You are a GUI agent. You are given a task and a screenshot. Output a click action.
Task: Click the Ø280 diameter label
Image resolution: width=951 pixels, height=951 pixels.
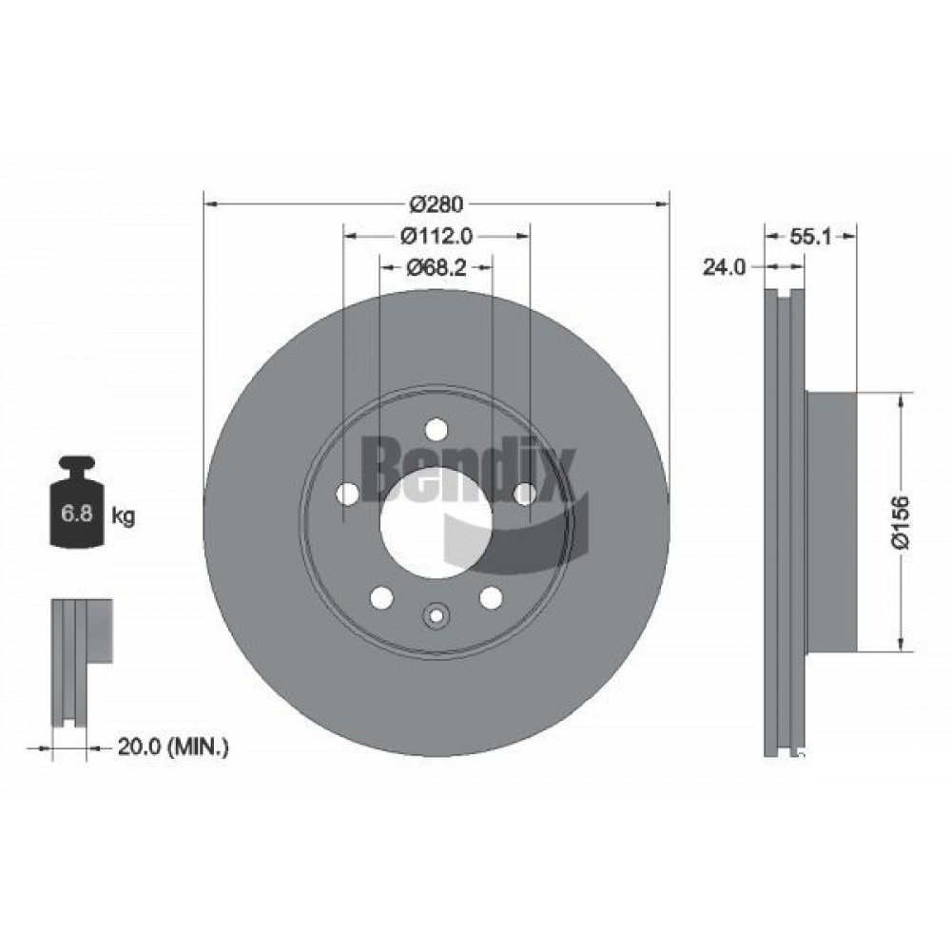click(x=436, y=204)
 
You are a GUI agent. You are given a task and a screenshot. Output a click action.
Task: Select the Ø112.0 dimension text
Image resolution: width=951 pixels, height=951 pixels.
click(x=437, y=236)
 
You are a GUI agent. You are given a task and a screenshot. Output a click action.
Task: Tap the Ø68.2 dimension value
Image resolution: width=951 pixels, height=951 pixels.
click(x=437, y=267)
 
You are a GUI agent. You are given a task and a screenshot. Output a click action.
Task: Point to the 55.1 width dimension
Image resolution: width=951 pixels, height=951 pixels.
click(x=810, y=237)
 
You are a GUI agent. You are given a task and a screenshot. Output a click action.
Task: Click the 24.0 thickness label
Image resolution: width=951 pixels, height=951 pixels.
click(x=724, y=267)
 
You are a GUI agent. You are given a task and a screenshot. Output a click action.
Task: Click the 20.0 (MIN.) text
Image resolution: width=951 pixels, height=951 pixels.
click(x=173, y=747)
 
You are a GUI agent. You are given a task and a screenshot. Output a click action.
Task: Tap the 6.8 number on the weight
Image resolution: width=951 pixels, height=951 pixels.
click(x=77, y=514)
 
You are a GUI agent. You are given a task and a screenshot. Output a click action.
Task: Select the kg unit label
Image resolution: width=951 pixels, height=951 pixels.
click(x=123, y=516)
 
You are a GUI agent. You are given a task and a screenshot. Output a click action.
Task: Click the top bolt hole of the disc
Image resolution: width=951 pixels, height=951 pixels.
click(x=436, y=430)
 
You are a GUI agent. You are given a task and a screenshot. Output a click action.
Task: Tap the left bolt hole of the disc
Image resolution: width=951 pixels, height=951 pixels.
click(x=347, y=494)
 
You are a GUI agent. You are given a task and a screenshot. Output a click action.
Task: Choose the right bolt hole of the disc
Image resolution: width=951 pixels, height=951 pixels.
click(x=525, y=494)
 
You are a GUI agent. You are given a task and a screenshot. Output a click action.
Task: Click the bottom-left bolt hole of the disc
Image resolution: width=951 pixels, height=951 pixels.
click(x=381, y=597)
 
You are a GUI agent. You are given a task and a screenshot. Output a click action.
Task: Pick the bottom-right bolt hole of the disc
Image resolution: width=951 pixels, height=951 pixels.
click(x=491, y=597)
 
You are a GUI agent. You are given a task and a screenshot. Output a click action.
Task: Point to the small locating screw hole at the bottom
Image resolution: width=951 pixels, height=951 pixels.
click(x=436, y=616)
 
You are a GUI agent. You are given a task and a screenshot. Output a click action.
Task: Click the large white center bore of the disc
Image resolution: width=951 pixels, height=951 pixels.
click(x=436, y=523)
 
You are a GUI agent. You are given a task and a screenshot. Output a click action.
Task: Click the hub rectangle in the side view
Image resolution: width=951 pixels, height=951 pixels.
click(x=831, y=523)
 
